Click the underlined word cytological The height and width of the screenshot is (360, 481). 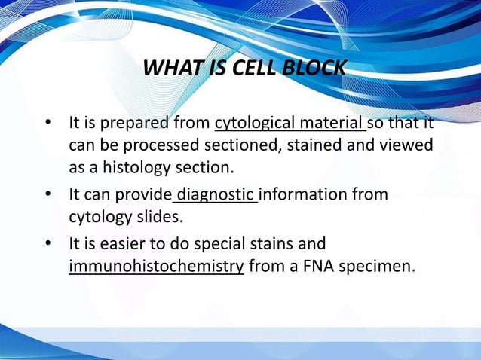click(x=254, y=122)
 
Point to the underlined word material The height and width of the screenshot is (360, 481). click(x=331, y=122)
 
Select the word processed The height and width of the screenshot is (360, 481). click(x=152, y=144)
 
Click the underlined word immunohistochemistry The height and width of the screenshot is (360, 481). click(x=156, y=267)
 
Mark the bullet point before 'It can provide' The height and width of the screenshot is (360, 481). click(x=47, y=195)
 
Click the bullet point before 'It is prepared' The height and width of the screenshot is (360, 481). click(x=47, y=123)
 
